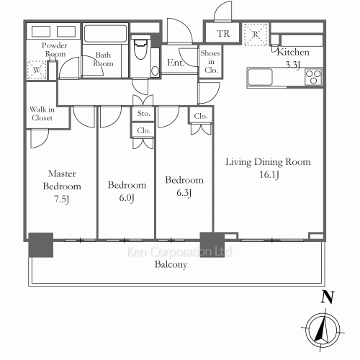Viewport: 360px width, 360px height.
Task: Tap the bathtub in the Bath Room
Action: point(105,33)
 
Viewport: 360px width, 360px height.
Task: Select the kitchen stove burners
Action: point(313,77)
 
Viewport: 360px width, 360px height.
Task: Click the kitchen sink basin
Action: point(260,77)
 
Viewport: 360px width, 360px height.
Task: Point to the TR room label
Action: point(223,34)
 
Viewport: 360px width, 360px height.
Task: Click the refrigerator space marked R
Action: point(256,35)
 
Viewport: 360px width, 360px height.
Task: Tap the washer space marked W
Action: point(37,70)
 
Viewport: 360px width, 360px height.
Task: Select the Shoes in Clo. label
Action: point(210,62)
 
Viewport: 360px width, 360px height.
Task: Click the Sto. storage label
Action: point(143,113)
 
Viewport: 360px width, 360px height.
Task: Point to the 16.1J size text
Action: point(269,175)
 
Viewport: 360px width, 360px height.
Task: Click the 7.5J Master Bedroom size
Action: point(62,199)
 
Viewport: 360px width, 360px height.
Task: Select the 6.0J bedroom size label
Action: point(127,198)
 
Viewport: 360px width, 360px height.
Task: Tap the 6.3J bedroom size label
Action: point(184,193)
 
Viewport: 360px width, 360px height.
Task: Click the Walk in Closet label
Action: point(42,114)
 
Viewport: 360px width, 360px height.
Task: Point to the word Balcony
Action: point(171,264)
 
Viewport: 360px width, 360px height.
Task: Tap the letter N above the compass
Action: point(328,297)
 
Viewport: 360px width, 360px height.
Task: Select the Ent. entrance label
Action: point(176,63)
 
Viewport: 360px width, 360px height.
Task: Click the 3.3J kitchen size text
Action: point(293,65)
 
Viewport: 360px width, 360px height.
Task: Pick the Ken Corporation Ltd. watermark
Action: point(180,252)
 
